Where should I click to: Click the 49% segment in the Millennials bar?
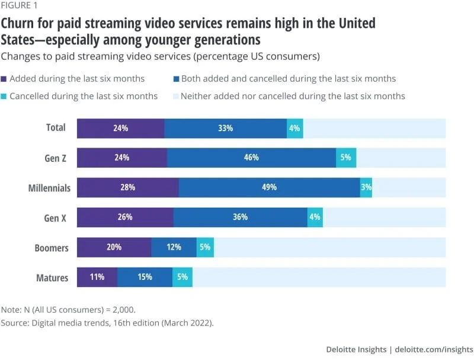pos(269,187)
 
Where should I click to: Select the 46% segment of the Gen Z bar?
pos(251,158)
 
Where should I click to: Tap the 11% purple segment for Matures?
pos(97,277)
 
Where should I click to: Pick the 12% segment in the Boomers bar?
pos(174,247)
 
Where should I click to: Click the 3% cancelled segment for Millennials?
pos(366,187)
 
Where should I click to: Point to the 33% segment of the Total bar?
pos(225,128)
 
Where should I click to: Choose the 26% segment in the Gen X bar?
pos(125,217)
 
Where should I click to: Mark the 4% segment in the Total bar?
pos(294,128)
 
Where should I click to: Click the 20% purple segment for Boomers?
pos(114,247)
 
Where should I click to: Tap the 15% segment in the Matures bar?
pos(145,277)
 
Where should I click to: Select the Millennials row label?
pos(49,188)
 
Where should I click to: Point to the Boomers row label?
pos(52,247)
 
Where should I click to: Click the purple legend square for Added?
pos(4,78)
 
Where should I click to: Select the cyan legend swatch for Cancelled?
pos(4,96)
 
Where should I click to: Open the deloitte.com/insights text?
pos(434,349)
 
